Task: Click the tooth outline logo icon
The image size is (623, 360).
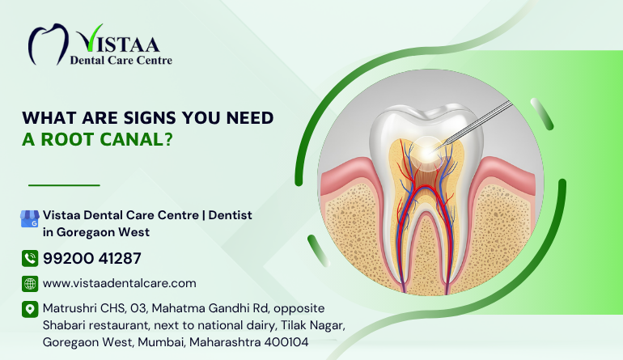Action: pos(48,44)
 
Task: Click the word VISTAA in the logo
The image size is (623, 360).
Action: pos(118,39)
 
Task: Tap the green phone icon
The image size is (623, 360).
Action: pos(30,258)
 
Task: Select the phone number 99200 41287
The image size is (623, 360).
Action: pos(91,258)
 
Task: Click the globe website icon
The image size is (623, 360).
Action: pos(30,284)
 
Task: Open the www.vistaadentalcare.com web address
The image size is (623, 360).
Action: pos(120,283)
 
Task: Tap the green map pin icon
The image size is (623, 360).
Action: pos(30,309)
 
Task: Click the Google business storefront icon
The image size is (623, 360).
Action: pos(30,218)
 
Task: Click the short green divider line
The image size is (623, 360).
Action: pos(64,185)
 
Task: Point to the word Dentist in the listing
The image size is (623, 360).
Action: pos(230,215)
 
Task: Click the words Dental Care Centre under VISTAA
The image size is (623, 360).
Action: pos(121,61)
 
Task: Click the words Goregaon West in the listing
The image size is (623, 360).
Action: pos(103,232)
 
